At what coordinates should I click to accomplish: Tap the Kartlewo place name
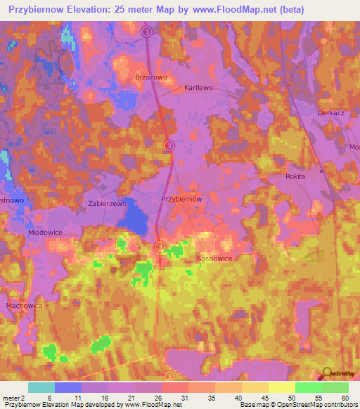click(x=198, y=89)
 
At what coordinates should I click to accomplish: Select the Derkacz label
click(x=330, y=112)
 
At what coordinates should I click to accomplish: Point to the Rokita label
click(x=295, y=176)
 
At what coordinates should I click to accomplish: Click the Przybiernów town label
click(x=182, y=199)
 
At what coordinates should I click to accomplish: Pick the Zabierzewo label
click(x=108, y=203)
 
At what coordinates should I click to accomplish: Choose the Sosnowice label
click(x=214, y=259)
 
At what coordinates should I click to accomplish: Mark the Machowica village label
click(x=25, y=306)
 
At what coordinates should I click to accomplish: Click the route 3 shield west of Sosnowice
click(x=160, y=246)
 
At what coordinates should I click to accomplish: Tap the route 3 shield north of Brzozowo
click(x=146, y=32)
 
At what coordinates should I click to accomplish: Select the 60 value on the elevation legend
click(x=345, y=397)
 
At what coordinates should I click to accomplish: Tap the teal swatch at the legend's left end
click(x=41, y=387)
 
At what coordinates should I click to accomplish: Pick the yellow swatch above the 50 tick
click(x=281, y=387)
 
